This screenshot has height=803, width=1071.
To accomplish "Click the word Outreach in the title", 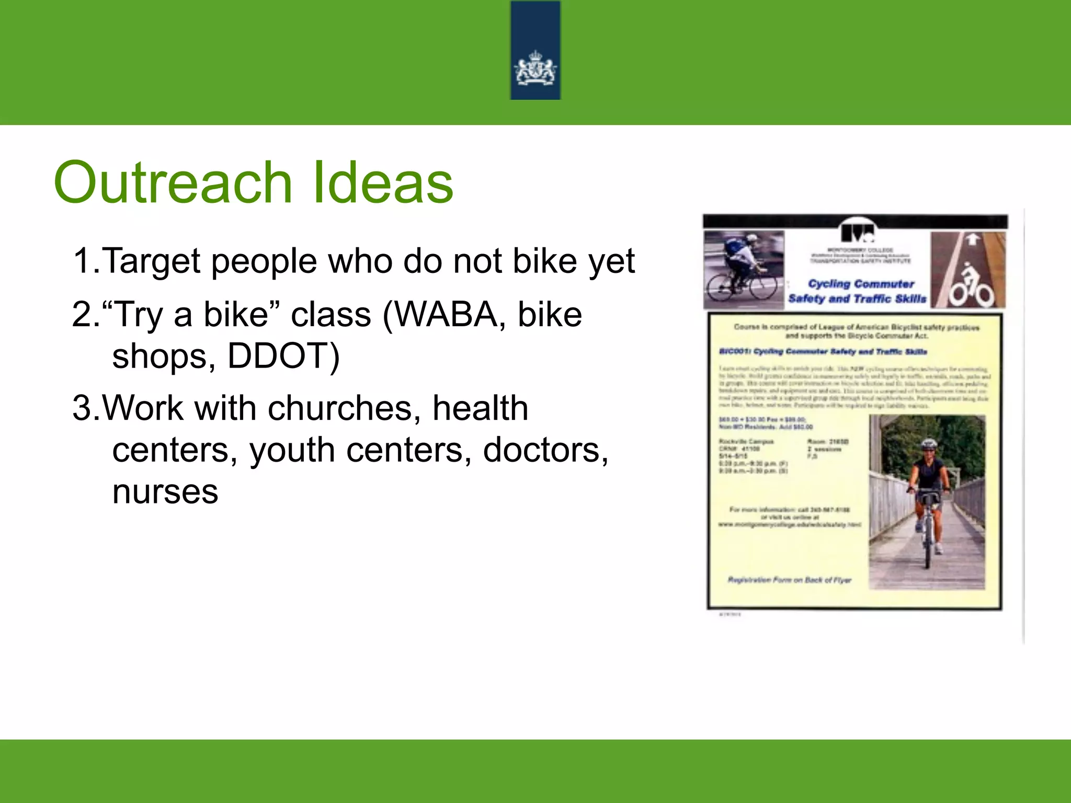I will click(173, 183).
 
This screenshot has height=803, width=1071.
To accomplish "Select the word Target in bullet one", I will click(152, 261).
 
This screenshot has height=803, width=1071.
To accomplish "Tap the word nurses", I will click(165, 492).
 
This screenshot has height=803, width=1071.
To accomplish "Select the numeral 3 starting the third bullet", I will click(83, 408).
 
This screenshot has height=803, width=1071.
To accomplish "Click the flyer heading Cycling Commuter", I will click(861, 284).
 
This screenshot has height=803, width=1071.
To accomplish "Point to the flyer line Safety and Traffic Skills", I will click(857, 299).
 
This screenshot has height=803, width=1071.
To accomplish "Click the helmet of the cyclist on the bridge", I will click(929, 444).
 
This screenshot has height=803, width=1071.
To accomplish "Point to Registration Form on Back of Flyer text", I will click(789, 580).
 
